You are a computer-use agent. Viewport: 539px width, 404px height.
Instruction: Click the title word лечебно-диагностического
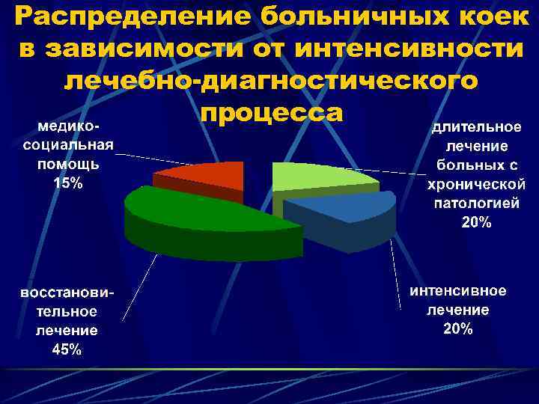(269, 80)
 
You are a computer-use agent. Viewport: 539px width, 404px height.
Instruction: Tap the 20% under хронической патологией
(476, 221)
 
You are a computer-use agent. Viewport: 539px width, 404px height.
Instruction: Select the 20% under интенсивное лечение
(457, 328)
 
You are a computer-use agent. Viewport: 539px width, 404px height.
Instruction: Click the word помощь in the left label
(68, 165)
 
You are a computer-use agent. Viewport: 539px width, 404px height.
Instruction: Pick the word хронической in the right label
(476, 184)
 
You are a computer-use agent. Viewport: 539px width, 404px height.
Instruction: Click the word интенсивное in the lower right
(457, 290)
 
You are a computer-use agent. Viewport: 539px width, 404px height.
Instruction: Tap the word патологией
(476, 203)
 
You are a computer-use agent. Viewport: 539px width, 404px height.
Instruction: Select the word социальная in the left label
(68, 145)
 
